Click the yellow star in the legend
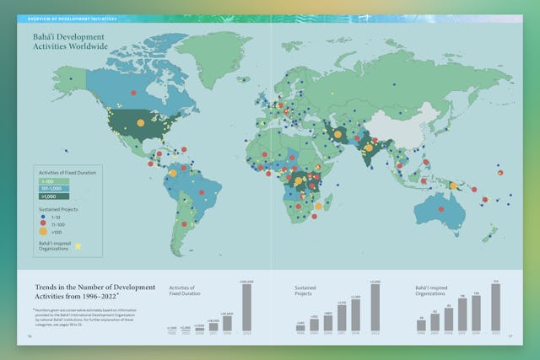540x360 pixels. [78, 246]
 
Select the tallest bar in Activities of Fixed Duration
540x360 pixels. [247, 307]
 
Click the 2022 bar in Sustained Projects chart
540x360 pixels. [375, 307]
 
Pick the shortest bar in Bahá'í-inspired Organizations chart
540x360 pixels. [421, 325]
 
